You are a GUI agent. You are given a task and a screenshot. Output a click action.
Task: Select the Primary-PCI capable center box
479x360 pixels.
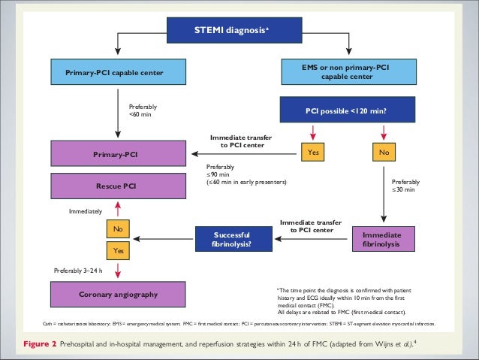(x=119, y=72)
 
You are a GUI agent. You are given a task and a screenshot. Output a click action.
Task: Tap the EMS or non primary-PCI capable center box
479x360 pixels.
(x=351, y=72)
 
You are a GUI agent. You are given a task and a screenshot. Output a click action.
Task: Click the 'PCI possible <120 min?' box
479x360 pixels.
(x=351, y=110)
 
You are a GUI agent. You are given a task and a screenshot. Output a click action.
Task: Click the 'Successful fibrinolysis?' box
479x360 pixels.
(x=232, y=239)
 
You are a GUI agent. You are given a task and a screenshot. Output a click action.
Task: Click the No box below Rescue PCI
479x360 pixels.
(x=118, y=228)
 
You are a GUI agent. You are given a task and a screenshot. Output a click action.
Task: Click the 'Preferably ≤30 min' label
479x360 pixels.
(x=405, y=186)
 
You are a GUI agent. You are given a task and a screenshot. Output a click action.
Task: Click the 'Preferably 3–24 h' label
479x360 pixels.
(x=83, y=269)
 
